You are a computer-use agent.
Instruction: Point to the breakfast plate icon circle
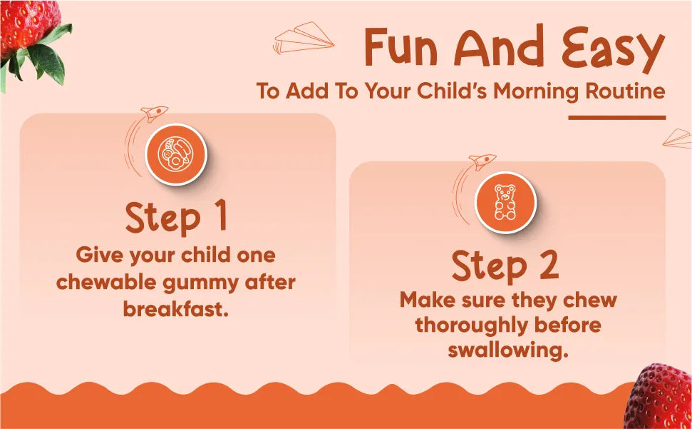click(x=176, y=154)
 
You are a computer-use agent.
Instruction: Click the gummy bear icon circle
click(x=505, y=202)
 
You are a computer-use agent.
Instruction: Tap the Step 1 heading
click(x=176, y=218)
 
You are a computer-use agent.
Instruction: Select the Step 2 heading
click(x=505, y=267)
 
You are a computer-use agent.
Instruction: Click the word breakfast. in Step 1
click(x=176, y=309)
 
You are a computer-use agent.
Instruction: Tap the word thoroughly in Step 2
click(x=466, y=326)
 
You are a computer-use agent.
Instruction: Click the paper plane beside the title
click(x=304, y=38)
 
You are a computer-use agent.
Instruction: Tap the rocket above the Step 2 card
click(x=482, y=161)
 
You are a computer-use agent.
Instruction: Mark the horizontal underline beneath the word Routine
click(x=617, y=118)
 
